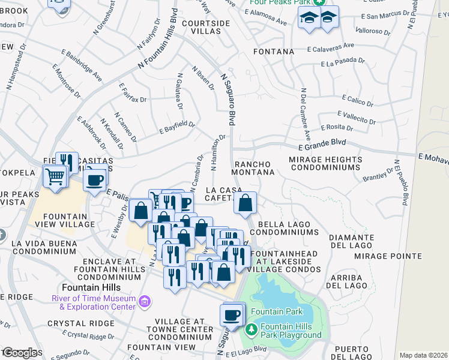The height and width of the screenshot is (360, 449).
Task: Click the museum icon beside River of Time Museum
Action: pyautogui.click(x=144, y=301)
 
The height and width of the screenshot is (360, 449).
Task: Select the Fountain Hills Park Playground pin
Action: pyautogui.click(x=252, y=329)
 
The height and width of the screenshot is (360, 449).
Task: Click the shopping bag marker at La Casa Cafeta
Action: pyautogui.click(x=246, y=203)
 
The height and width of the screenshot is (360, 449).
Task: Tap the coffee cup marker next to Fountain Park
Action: pyautogui.click(x=231, y=314)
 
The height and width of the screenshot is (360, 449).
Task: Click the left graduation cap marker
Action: pyautogui.click(x=309, y=19)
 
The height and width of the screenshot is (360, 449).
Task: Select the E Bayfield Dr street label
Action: pyautogui.click(x=177, y=127)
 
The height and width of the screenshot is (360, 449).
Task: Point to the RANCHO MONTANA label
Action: pyautogui.click(x=254, y=168)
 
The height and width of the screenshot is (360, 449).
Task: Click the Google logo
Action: pyautogui.click(x=20, y=353)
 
